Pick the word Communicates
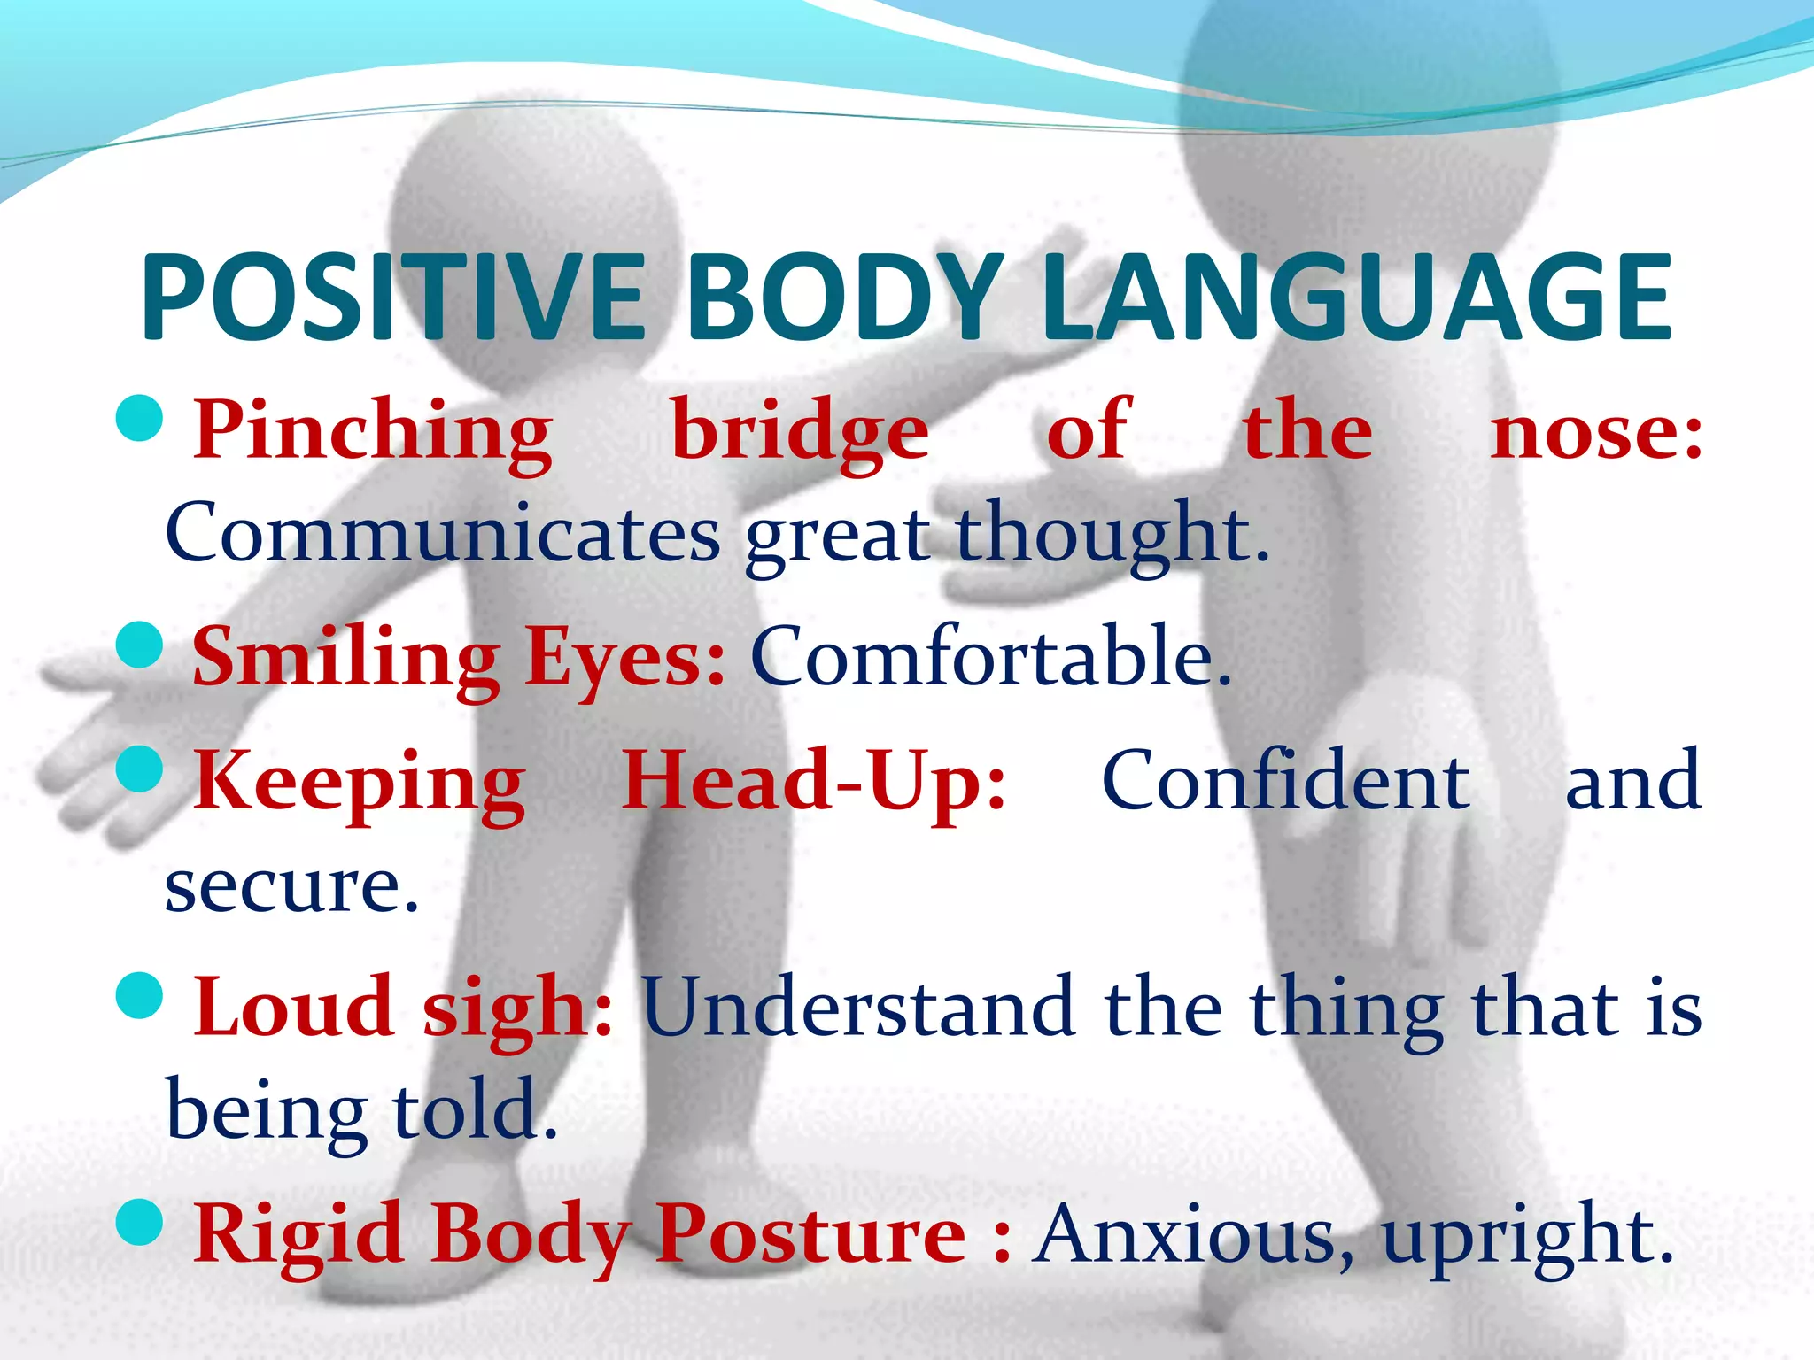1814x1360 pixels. [443, 534]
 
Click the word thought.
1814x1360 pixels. [1112, 534]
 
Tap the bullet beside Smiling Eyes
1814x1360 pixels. [140, 645]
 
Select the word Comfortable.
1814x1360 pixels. [990, 658]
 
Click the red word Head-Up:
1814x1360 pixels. [813, 782]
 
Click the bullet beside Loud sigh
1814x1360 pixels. [140, 995]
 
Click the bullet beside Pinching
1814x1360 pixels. [140, 418]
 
